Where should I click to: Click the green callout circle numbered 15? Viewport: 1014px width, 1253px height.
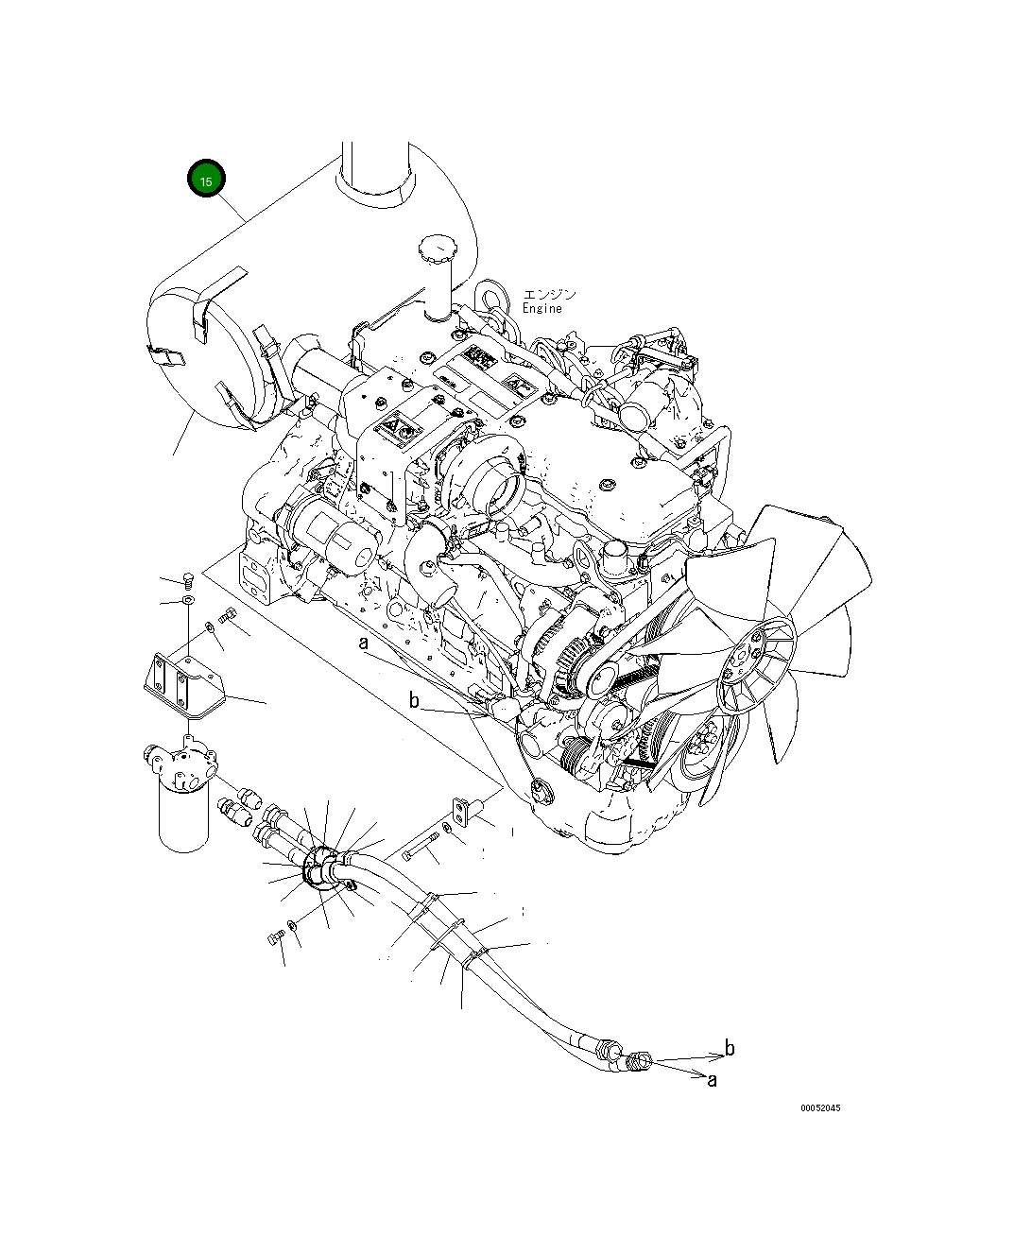[x=206, y=180]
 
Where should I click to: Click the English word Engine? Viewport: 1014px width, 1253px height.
[x=541, y=309]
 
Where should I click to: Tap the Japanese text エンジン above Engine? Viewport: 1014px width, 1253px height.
[x=548, y=295]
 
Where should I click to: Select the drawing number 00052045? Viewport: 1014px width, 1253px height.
[x=819, y=1108]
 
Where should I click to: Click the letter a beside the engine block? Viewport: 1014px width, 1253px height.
[x=362, y=644]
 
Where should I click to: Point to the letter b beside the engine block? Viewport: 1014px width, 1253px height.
[x=413, y=700]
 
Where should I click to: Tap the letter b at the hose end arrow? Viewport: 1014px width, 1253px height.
[x=729, y=1048]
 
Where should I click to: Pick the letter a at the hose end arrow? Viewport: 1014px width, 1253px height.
[x=712, y=1079]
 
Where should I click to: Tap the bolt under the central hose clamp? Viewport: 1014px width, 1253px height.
[x=277, y=936]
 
